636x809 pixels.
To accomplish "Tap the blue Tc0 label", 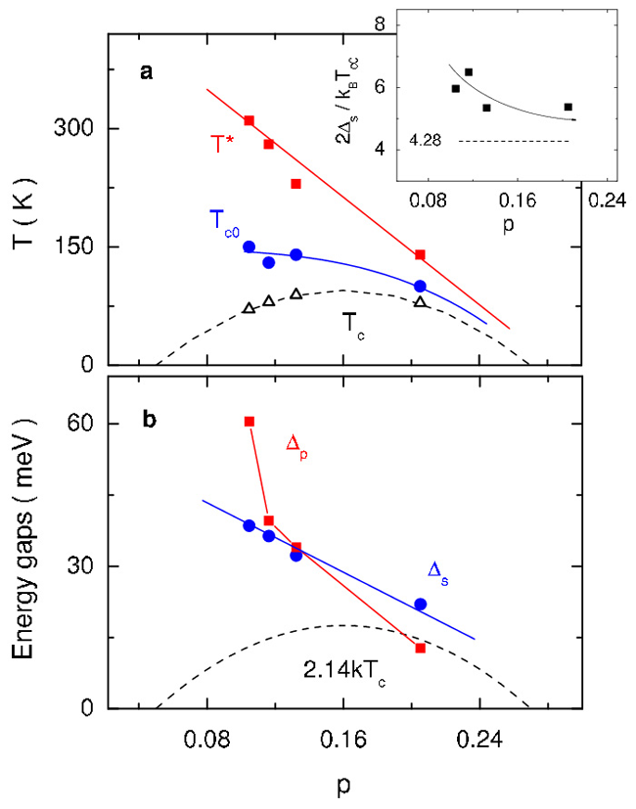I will click(225, 220).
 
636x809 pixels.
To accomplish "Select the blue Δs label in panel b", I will click(439, 569).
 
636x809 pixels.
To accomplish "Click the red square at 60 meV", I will click(249, 422).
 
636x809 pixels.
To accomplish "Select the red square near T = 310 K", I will click(249, 120).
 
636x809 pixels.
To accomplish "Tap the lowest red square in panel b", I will click(420, 648).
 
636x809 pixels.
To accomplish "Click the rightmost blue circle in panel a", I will click(420, 286).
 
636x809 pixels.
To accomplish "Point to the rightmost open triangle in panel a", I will click(420, 301).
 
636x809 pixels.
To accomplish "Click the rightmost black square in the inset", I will click(568, 107).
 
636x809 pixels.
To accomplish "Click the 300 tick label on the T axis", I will click(80, 128).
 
